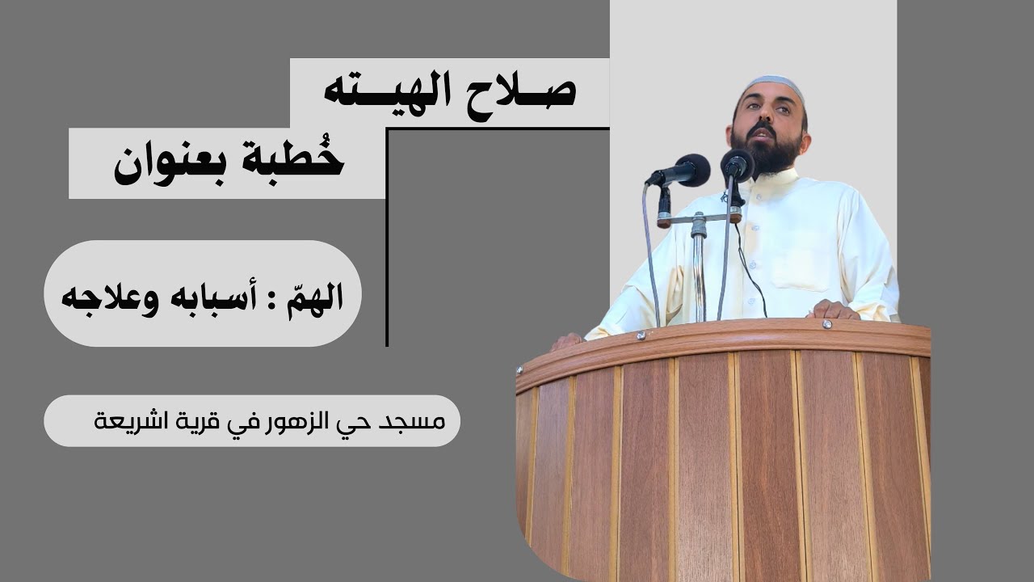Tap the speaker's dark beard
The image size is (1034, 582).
pos(768,154)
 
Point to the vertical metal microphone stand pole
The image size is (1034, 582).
pos(699,267)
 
